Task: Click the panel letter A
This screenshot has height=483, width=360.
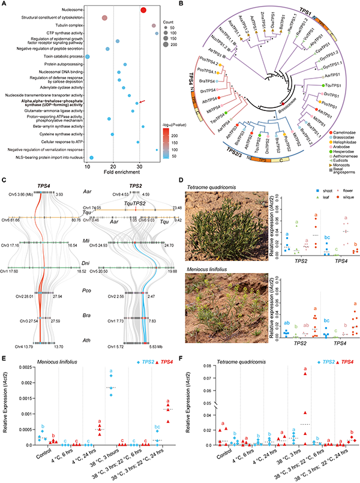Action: pyautogui.click(x=5, y=4)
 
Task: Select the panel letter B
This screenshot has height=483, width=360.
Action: pyautogui.click(x=182, y=4)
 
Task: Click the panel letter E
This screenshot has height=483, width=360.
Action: pyautogui.click(x=5, y=347)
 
